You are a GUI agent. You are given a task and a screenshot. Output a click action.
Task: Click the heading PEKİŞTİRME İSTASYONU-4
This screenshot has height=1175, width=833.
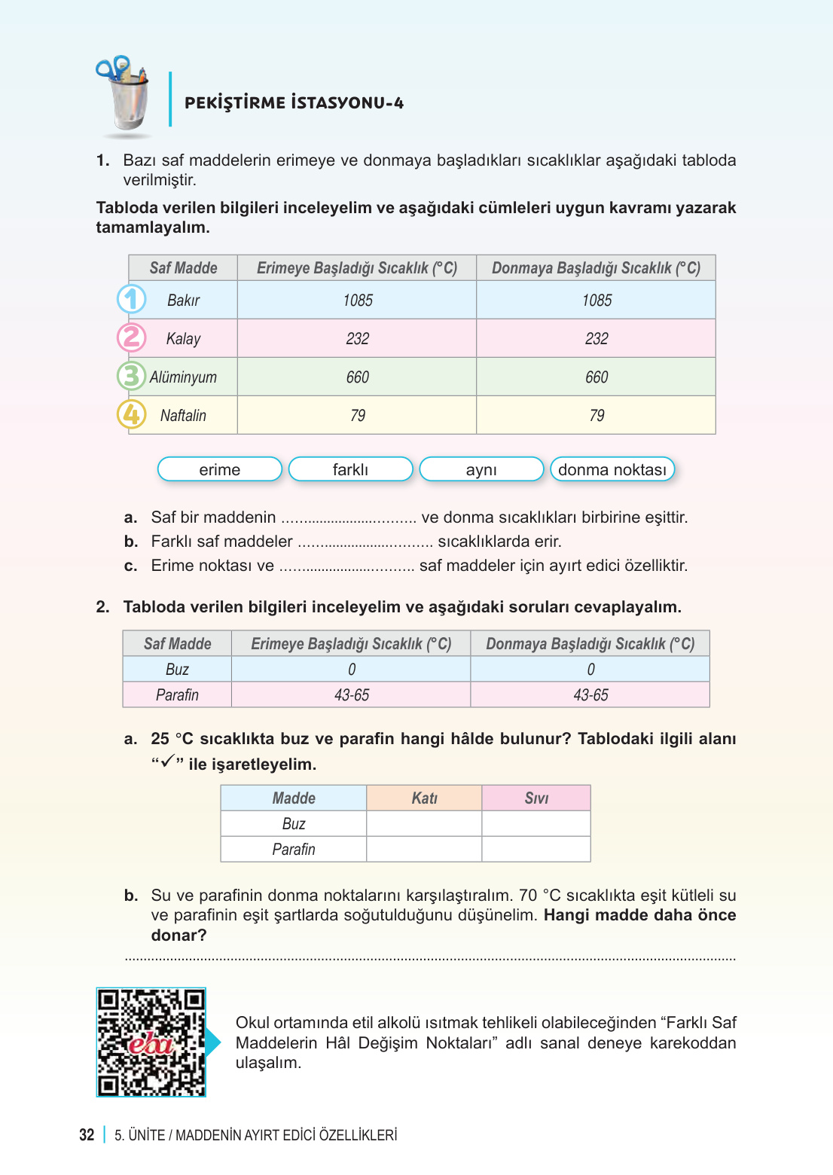tap(294, 103)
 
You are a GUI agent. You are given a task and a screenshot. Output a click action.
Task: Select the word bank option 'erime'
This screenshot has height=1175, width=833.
tap(219, 469)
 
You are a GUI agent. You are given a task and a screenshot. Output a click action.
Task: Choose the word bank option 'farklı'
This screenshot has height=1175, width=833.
tap(350, 469)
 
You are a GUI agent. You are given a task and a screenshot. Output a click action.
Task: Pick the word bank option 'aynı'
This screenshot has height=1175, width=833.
tap(481, 469)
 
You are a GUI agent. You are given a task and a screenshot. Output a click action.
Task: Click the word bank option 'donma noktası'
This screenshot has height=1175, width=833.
tap(612, 469)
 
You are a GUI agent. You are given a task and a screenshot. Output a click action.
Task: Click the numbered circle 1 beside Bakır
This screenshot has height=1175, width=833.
tap(132, 299)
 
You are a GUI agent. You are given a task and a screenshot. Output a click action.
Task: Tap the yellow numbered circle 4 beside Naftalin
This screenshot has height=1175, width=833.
tap(132, 414)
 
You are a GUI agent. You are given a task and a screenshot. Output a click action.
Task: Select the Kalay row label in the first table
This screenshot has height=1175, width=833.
tap(183, 339)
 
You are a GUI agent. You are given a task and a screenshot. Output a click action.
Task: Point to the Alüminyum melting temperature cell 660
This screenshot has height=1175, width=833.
tap(357, 377)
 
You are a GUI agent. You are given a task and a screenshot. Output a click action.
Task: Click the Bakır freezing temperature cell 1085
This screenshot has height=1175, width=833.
tap(597, 301)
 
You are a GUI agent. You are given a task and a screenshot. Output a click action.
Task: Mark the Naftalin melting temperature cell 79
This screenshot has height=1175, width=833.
tap(357, 416)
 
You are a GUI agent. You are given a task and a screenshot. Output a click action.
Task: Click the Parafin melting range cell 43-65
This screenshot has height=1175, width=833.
tap(351, 695)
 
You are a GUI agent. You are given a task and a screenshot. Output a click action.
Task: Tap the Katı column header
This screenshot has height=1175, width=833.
tap(424, 798)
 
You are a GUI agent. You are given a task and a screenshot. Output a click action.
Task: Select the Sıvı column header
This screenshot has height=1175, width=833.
tap(536, 798)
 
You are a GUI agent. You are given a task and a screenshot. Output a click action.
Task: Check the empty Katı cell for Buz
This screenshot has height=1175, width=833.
tap(424, 824)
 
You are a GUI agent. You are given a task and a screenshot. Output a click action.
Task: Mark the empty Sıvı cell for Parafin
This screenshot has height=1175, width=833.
tap(536, 850)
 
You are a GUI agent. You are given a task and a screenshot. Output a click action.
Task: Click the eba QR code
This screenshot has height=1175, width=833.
tap(151, 1042)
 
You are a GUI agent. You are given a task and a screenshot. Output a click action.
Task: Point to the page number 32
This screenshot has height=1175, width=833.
tap(87, 1135)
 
